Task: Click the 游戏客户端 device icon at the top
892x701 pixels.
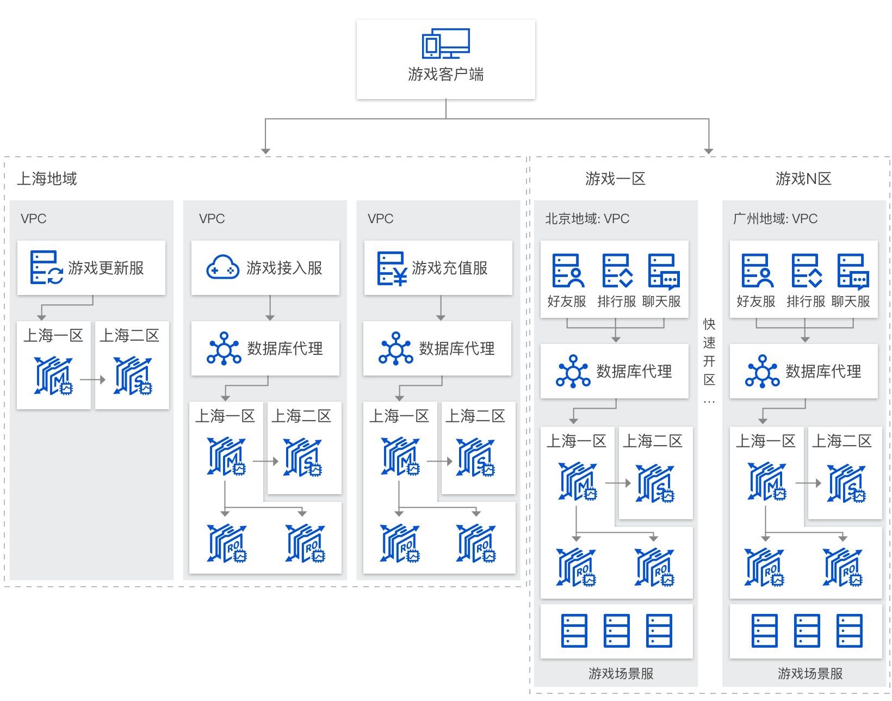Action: point(445,44)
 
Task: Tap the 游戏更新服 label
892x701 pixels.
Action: point(106,268)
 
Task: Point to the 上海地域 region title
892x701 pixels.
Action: point(47,179)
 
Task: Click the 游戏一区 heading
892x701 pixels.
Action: point(615,179)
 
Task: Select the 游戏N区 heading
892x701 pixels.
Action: point(803,179)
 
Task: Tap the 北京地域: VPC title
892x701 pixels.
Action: point(587,219)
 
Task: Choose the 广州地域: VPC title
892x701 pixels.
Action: point(775,219)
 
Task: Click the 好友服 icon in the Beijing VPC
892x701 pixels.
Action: point(568,270)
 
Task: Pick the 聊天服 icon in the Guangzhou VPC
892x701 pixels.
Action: point(852,270)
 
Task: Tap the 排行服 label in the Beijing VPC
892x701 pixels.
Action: point(616,302)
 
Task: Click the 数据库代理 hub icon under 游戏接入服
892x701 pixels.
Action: point(224,348)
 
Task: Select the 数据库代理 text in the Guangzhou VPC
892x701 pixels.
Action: point(823,371)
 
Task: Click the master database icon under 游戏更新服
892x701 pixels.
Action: point(53,376)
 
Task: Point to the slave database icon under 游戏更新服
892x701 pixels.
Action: point(133,376)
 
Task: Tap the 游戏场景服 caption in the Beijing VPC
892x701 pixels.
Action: point(621,674)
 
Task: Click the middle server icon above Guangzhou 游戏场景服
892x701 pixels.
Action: point(807,631)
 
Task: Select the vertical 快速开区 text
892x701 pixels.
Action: point(709,352)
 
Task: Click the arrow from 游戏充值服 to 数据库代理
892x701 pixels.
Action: point(441,308)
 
